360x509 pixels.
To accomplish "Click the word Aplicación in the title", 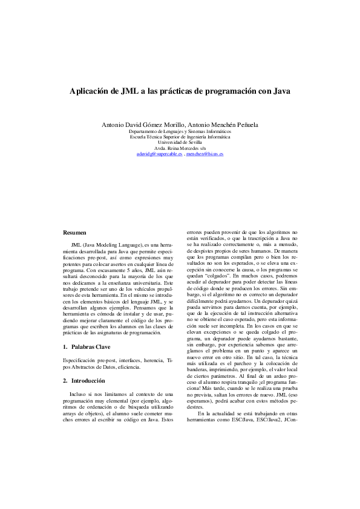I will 90,91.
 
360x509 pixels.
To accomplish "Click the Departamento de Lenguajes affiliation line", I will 180,131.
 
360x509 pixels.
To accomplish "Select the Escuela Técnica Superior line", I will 180,137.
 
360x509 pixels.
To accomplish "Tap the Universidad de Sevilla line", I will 180,142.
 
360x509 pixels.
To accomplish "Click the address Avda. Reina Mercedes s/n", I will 180,148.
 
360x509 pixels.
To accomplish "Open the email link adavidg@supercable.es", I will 160,154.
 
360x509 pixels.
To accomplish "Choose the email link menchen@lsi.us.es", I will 205,154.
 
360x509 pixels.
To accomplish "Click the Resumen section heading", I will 75,232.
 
